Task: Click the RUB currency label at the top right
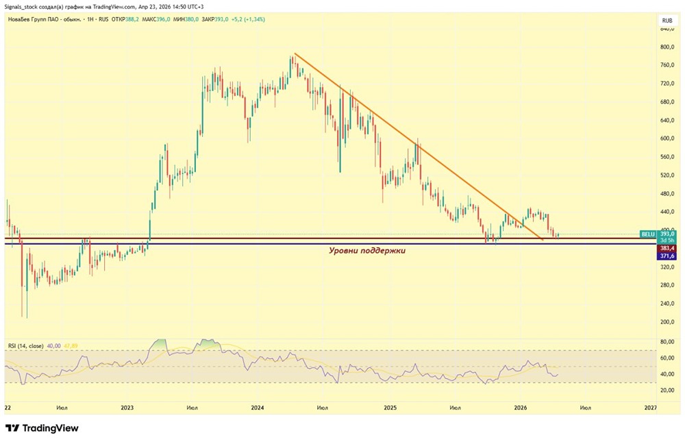(666, 21)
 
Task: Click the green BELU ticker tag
(648, 234)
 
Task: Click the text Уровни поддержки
(368, 251)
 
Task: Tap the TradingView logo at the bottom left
(42, 428)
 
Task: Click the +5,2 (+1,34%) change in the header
(248, 19)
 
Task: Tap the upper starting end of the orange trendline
(295, 53)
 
